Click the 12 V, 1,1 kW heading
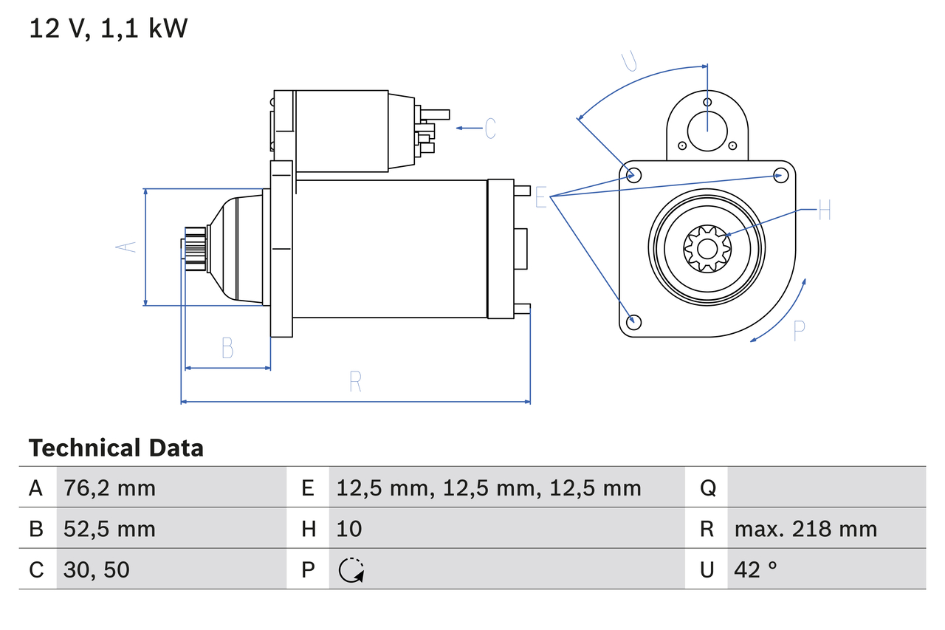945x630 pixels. coord(108,29)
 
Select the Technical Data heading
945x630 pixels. coord(116,448)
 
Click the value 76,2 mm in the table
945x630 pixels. coord(109,487)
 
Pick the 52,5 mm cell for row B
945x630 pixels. coord(109,529)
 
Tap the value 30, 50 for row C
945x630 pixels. coord(97,569)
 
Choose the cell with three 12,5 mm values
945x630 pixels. coord(489,487)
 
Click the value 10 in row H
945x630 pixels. coord(349,529)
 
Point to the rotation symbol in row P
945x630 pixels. coord(351,570)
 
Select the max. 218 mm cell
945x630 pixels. coord(805,529)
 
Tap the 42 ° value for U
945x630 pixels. coord(756,569)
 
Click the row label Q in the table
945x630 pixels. coord(707,487)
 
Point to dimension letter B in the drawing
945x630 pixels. coord(227,348)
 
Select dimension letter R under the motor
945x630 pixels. coord(355,382)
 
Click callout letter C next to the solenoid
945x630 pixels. coord(490,129)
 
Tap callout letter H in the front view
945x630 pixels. coord(825,210)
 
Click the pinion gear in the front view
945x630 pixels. coord(707,249)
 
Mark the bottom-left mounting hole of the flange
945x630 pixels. coord(633,321)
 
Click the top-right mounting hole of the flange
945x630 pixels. coord(780,175)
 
